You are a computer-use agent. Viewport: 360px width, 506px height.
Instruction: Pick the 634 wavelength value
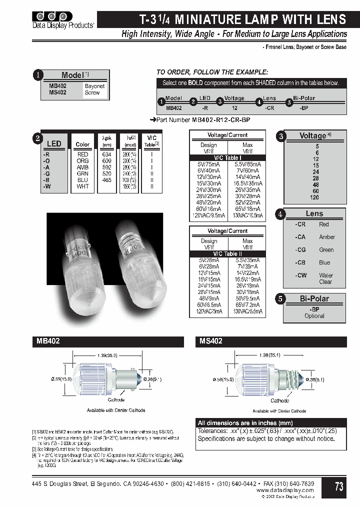[x=106, y=154]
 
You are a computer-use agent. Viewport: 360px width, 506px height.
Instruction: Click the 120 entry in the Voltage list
[x=314, y=197]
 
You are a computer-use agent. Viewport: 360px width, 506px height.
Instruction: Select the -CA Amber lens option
[x=314, y=237]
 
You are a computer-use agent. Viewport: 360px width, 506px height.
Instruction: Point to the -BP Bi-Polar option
[x=314, y=309]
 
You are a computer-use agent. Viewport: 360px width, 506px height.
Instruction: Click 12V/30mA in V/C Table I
[x=208, y=177]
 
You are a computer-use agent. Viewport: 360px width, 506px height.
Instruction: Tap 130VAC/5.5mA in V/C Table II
[x=247, y=311]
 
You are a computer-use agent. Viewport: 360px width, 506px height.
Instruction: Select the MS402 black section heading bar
[x=270, y=341]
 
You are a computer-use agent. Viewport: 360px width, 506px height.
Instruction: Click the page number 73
[x=338, y=486]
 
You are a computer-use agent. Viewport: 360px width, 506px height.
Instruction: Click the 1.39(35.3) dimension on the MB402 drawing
[x=102, y=355]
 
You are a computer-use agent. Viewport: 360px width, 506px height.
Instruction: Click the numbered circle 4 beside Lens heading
[x=281, y=214]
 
